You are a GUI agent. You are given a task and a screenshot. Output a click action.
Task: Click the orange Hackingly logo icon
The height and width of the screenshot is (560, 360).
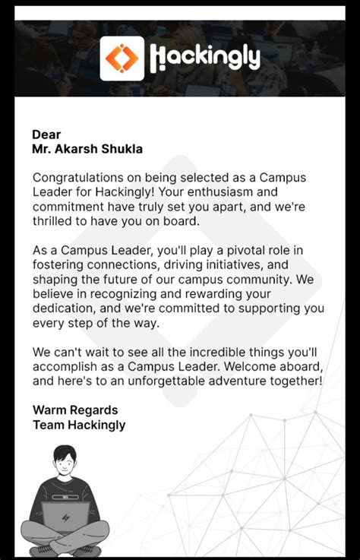click(x=122, y=58)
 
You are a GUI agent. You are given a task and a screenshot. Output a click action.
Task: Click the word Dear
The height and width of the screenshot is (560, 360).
click(x=46, y=134)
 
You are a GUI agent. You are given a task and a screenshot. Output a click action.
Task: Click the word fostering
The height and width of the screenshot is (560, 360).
click(x=58, y=264)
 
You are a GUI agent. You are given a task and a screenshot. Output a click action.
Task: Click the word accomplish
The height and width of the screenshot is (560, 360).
click(x=65, y=367)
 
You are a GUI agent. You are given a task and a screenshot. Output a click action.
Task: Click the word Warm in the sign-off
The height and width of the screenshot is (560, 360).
click(x=48, y=410)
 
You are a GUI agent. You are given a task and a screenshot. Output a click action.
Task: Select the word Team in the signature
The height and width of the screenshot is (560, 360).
click(x=48, y=425)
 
